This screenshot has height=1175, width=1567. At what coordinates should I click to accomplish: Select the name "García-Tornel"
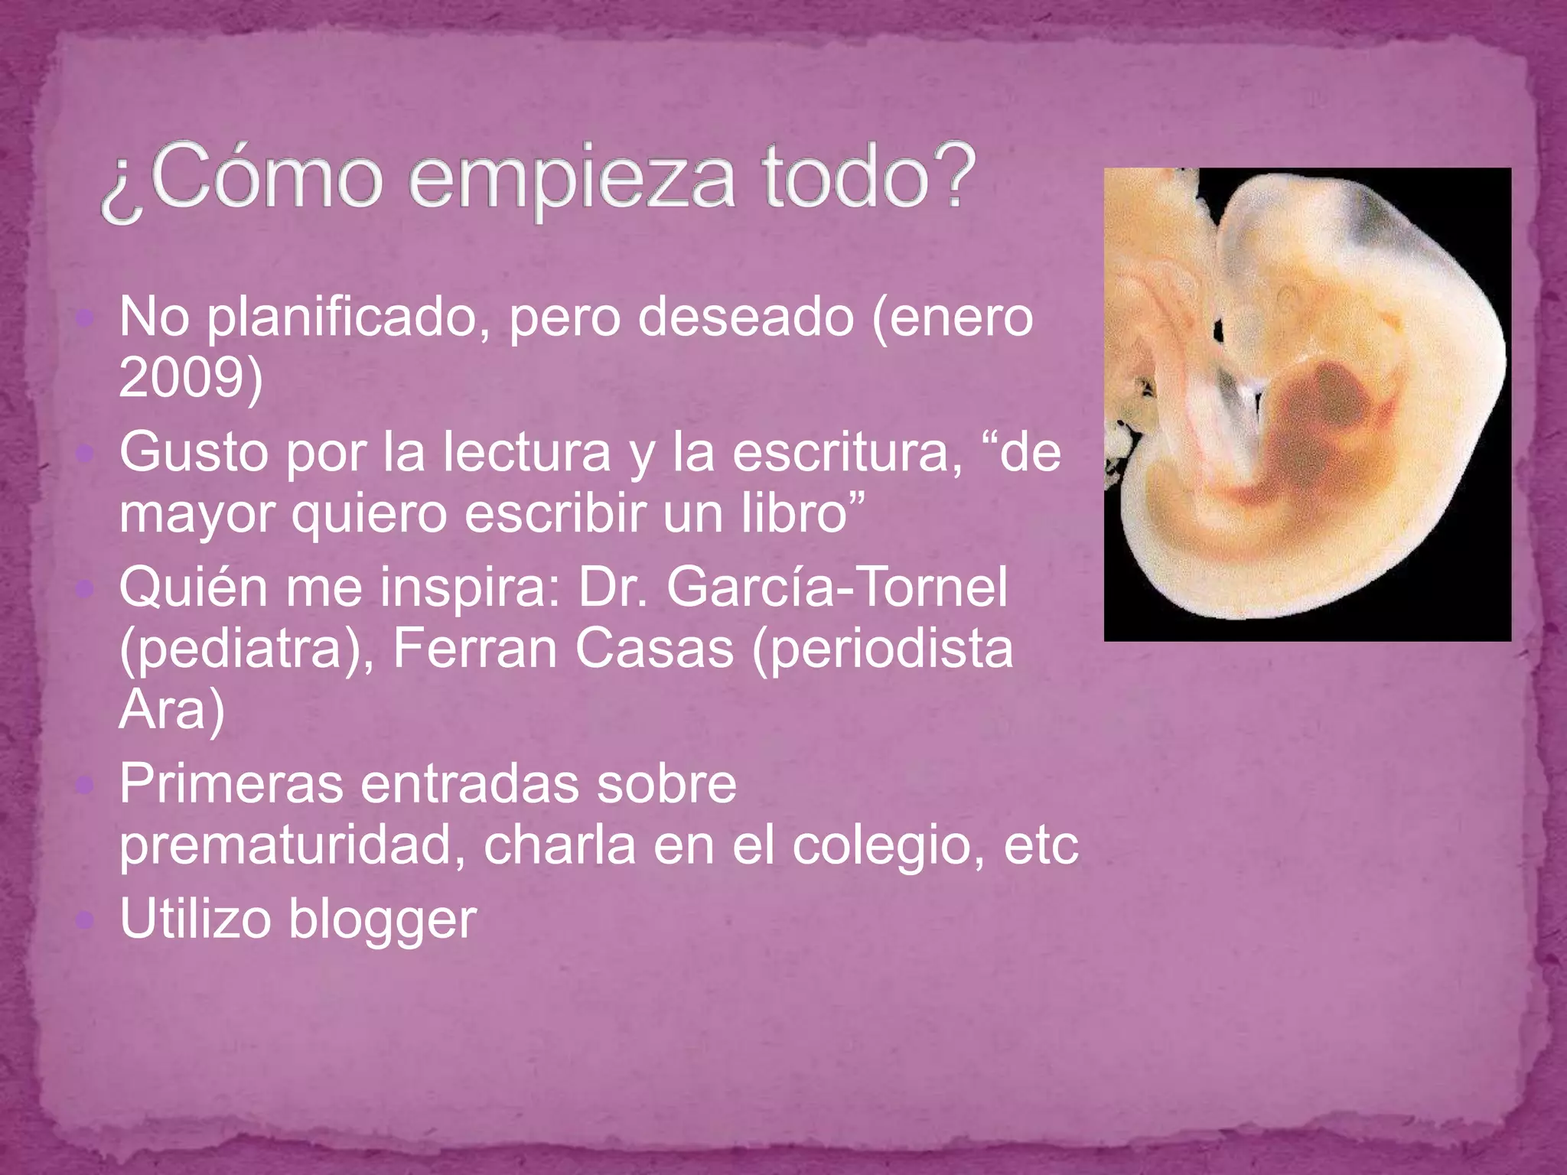point(837,587)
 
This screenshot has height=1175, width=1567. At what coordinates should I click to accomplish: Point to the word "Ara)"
point(172,709)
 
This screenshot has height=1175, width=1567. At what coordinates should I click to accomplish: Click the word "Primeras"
point(231,784)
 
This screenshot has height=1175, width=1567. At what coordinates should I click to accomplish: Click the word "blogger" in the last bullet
point(383,919)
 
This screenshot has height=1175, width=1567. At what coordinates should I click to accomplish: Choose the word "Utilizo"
point(195,919)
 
